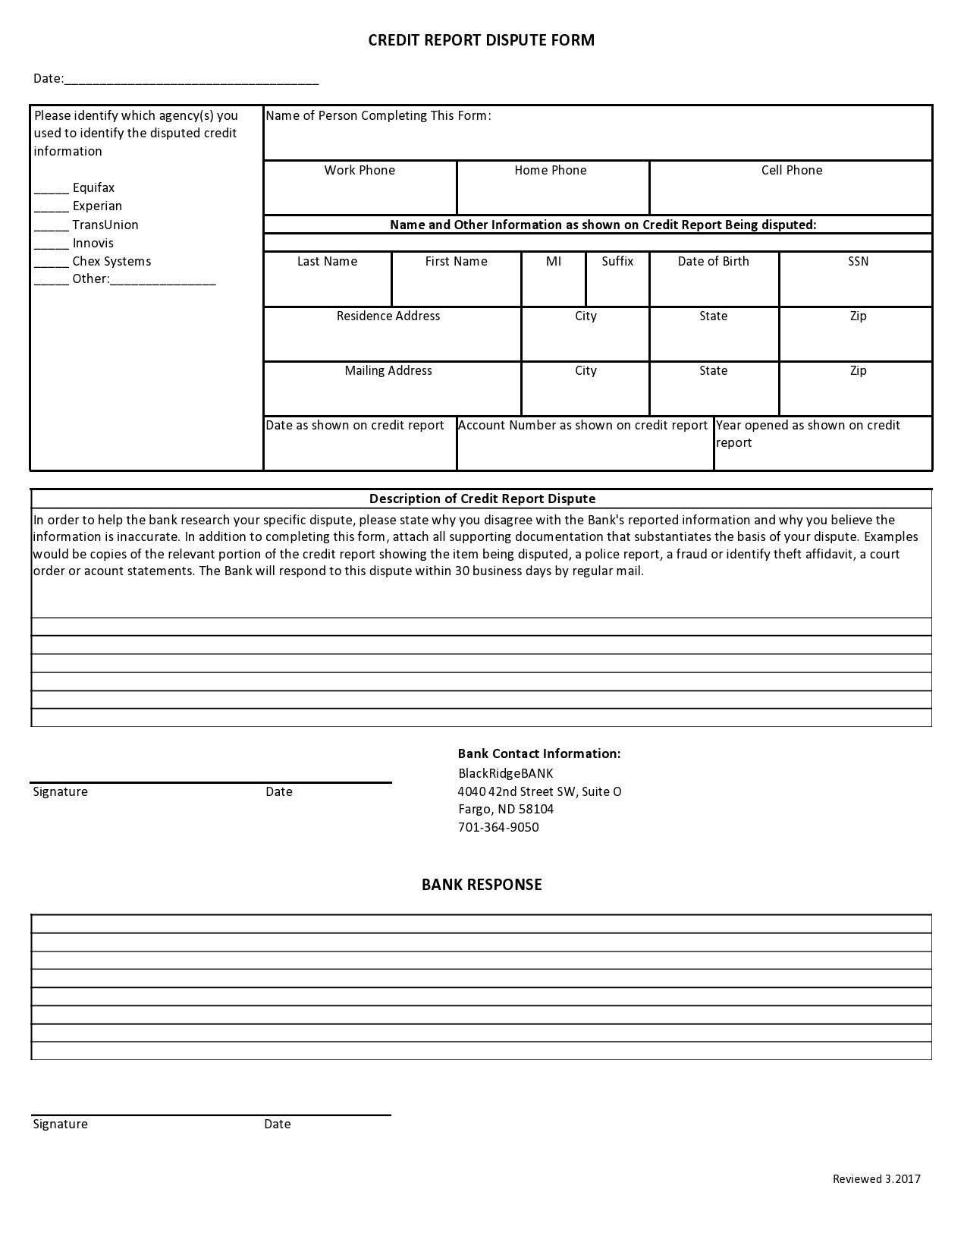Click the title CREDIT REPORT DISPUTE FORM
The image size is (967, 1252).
(x=481, y=40)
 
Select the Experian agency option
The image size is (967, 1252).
(x=97, y=206)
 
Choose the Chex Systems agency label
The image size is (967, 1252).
(x=111, y=261)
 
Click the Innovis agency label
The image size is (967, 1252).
(x=93, y=243)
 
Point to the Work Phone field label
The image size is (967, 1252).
(x=359, y=170)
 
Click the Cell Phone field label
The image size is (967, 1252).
(x=791, y=170)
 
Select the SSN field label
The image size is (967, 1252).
(x=858, y=261)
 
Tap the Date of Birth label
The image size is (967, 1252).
(x=713, y=261)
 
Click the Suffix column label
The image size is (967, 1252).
(x=617, y=261)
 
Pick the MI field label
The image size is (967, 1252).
(x=554, y=261)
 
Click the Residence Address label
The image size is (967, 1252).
(x=388, y=316)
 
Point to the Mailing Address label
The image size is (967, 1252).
(x=388, y=370)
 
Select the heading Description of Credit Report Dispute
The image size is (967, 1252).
(x=482, y=499)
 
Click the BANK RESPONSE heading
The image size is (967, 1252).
(x=482, y=884)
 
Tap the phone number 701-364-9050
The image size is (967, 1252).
(x=498, y=827)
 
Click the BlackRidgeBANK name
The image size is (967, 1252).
(x=506, y=773)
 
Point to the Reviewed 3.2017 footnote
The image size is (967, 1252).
(x=876, y=1178)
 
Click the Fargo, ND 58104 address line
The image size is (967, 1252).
(x=506, y=809)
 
